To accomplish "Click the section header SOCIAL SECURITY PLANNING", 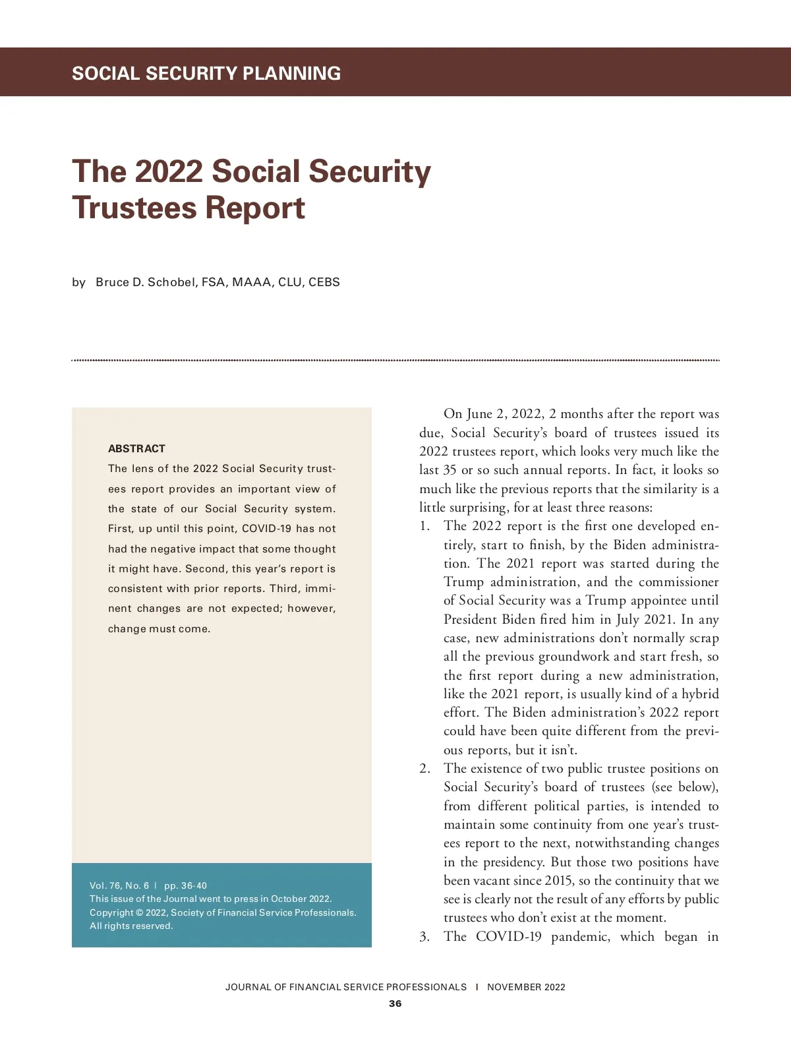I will [x=206, y=73].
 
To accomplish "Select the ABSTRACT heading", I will [x=136, y=449].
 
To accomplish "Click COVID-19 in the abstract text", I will [x=266, y=529].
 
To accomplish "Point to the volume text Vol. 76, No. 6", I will [x=119, y=885].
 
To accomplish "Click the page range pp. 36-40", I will [x=185, y=885].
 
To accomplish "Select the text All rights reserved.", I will [x=131, y=926].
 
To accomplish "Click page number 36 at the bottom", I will [x=395, y=1003].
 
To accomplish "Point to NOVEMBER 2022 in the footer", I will [x=526, y=987].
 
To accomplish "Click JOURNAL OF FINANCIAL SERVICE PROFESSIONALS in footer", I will [x=345, y=987].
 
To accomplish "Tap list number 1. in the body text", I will [x=425, y=526].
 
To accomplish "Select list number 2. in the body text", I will [x=425, y=769].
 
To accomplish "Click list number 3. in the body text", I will [x=425, y=937].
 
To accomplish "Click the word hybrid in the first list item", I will [x=700, y=694].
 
